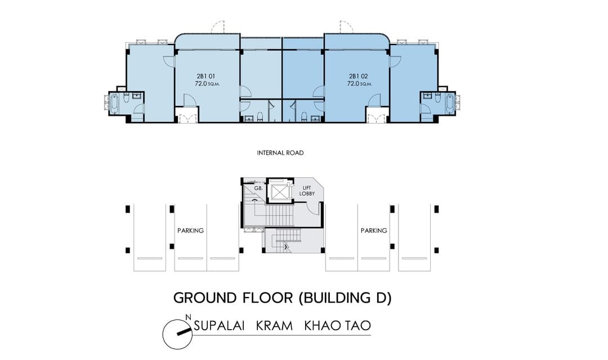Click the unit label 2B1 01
(205, 76)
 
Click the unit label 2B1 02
(358, 76)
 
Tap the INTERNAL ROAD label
(280, 152)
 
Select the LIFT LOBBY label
(307, 191)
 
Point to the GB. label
(258, 188)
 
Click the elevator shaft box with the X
(280, 191)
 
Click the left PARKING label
(190, 231)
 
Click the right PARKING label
(374, 231)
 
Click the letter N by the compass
(189, 317)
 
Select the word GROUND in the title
(205, 298)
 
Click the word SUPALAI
(219, 326)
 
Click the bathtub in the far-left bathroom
(114, 103)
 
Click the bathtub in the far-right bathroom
(449, 103)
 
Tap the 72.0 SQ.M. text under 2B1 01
(207, 83)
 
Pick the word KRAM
(274, 326)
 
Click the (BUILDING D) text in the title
(346, 298)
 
